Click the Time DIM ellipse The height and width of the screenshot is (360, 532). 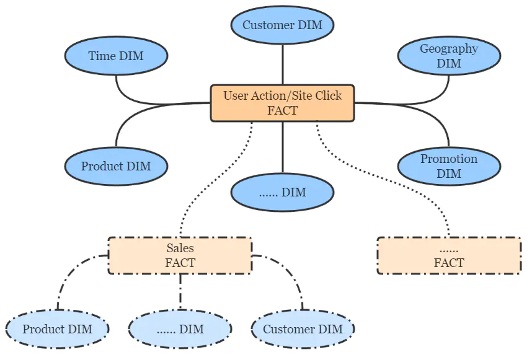[x=116, y=56]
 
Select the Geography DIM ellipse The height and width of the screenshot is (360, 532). [x=449, y=56]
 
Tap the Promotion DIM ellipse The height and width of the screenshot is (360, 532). [x=449, y=166]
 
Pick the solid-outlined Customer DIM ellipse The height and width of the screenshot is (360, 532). [x=282, y=25]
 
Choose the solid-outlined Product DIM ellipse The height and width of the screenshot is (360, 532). [x=116, y=166]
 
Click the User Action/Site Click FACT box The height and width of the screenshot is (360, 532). [x=282, y=103]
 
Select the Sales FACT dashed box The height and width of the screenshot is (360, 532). [x=180, y=255]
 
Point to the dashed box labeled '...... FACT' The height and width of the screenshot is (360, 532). [x=448, y=255]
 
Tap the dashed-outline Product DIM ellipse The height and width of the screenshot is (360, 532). [x=57, y=329]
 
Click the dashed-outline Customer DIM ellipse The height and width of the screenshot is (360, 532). [x=303, y=329]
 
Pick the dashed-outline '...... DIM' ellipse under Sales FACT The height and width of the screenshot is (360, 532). [x=180, y=329]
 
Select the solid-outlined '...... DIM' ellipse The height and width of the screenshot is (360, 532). [x=282, y=193]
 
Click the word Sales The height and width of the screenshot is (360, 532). [x=180, y=248]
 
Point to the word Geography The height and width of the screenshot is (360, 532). [x=449, y=49]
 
